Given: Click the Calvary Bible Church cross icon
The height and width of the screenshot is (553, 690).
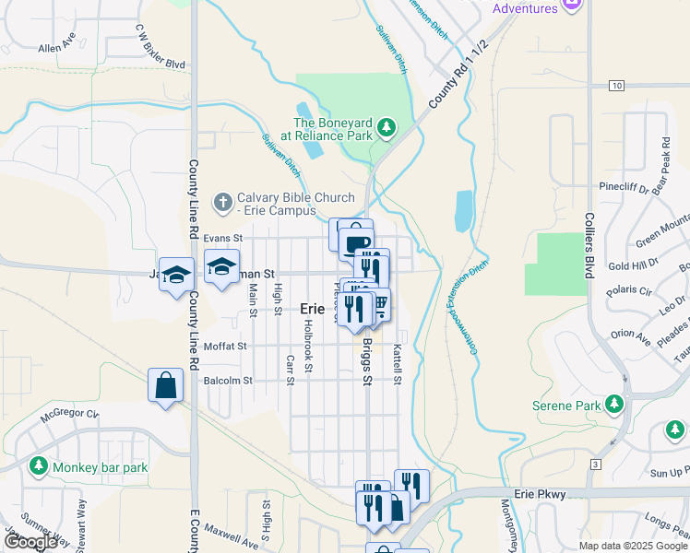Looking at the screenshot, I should pos(222,201).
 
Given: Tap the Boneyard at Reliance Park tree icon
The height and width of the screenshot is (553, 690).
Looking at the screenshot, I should pos(388,127).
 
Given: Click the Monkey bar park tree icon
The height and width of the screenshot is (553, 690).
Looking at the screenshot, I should pos(39,466).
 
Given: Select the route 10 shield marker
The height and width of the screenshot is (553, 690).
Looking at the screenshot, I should pos(615,86).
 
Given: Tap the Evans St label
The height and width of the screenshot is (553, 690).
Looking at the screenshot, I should pos(222,237).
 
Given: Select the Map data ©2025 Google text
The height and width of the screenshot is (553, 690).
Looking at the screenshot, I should pos(632,546).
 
